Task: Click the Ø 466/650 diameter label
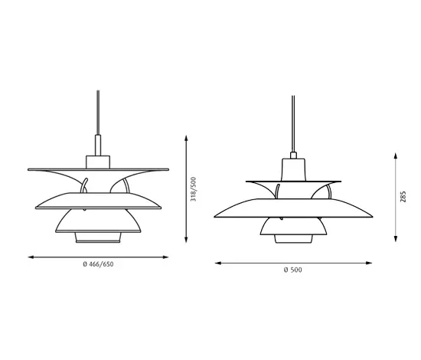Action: [98, 264]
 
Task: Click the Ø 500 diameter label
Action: [293, 270]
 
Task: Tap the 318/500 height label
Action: [194, 189]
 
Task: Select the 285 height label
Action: [403, 197]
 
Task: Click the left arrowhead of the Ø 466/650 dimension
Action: [31, 257]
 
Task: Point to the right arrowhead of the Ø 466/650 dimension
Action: [165, 257]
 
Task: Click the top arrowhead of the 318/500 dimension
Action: [186, 138]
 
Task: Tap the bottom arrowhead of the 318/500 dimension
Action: [186, 240]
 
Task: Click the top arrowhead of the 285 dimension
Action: [396, 155]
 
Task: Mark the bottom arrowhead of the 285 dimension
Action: [396, 239]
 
